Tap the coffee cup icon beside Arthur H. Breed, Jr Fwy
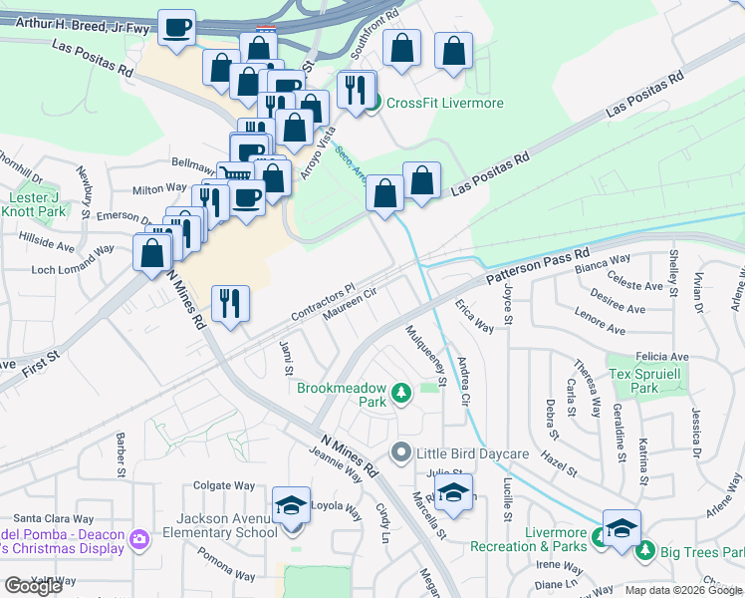point(176,28)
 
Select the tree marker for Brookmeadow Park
point(401,395)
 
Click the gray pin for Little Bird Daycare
point(401,453)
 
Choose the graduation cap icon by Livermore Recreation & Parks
point(621,528)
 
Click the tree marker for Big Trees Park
point(645,549)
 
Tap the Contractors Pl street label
point(322,302)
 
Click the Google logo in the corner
point(33,586)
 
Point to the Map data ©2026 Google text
point(682,590)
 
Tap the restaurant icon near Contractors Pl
point(231,304)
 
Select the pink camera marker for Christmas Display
point(138,539)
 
